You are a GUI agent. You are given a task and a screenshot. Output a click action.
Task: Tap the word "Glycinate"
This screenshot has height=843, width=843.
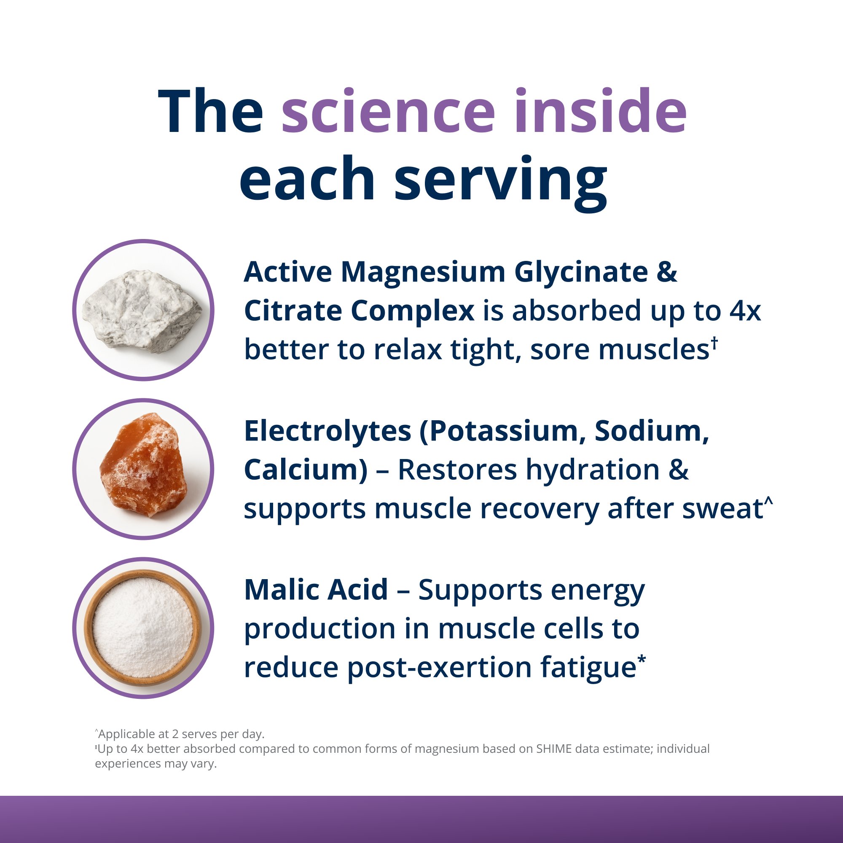pyautogui.click(x=581, y=273)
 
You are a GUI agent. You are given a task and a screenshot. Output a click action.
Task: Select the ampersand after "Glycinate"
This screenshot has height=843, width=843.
pyautogui.click(x=666, y=272)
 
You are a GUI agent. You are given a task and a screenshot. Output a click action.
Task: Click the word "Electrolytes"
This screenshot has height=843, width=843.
pyautogui.click(x=327, y=432)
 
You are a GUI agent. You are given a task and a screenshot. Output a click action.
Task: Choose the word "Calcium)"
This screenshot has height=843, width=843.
pyautogui.click(x=306, y=470)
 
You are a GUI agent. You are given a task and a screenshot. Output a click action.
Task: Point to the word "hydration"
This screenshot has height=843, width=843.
pyautogui.click(x=593, y=470)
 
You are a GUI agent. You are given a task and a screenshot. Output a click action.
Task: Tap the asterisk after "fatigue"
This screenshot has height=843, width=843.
pyautogui.click(x=642, y=660)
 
